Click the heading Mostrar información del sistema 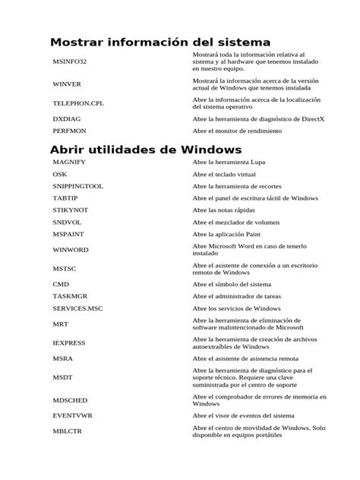(160, 42)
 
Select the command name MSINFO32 (70, 62)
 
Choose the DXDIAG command (66, 119)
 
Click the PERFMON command (69, 131)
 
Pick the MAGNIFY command (69, 163)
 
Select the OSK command (60, 175)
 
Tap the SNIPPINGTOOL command (78, 186)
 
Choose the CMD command (61, 284)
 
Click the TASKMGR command (71, 297)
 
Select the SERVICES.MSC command (77, 309)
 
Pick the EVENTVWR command (73, 416)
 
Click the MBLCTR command (68, 432)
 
